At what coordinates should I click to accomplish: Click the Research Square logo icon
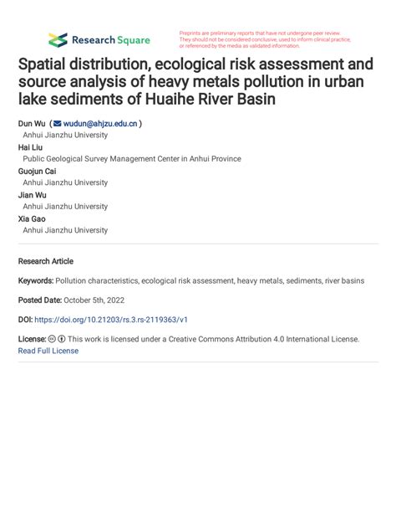click(x=58, y=39)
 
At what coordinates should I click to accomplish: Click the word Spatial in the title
click(x=47, y=64)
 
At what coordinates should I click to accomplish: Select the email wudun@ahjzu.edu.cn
click(x=101, y=123)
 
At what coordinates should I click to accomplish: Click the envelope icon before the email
click(x=58, y=123)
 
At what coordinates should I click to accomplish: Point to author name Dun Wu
click(x=31, y=123)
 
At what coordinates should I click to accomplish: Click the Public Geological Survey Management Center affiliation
click(x=131, y=159)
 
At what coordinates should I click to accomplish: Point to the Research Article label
click(x=45, y=261)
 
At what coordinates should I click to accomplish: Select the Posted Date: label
click(x=43, y=300)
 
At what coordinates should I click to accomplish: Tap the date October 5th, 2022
click(x=110, y=300)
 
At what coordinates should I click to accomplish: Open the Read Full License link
click(x=48, y=351)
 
